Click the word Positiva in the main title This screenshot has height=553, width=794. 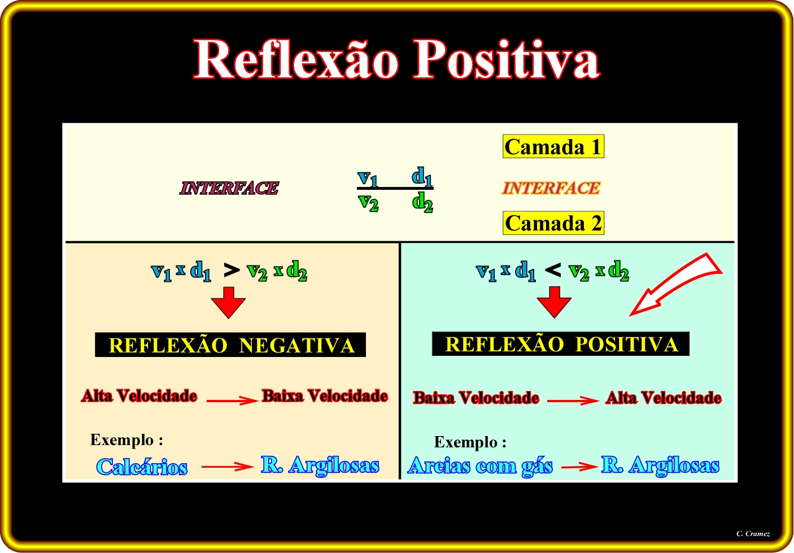coord(507,59)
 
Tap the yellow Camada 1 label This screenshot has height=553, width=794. coord(553,146)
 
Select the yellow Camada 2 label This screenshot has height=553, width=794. coord(553,223)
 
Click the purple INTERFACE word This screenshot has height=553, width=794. coord(229,188)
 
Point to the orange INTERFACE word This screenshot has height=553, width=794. coord(551,188)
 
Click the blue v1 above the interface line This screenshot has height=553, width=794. coord(368,178)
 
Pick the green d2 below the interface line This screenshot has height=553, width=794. coord(422,202)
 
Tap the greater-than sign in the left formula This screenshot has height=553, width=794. coord(232,271)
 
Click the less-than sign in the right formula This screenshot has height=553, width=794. coord(553,271)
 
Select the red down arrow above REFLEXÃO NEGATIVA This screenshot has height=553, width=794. coord(228,302)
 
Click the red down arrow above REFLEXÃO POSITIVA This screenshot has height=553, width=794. coord(554,302)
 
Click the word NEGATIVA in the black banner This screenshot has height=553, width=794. coord(297,345)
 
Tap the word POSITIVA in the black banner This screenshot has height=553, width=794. coord(627,344)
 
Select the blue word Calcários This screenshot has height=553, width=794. coord(142,467)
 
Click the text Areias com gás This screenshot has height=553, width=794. coord(481,466)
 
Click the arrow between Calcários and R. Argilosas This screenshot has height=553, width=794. coord(228,466)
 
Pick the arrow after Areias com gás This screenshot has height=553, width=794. coord(579,467)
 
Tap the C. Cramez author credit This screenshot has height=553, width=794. coord(753,533)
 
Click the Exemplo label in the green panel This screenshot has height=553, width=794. coord(470,442)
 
